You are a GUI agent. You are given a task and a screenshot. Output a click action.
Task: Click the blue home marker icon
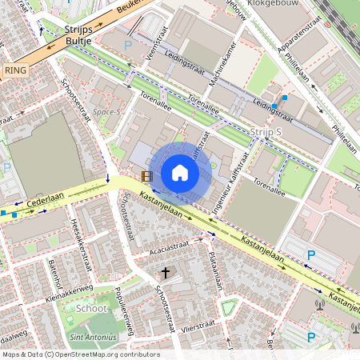[x=180, y=173]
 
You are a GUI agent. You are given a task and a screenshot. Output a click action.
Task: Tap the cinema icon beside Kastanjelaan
[x=146, y=176]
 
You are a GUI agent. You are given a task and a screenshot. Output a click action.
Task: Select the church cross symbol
[x=166, y=273]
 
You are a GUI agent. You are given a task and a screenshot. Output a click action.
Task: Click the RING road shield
[x=15, y=70]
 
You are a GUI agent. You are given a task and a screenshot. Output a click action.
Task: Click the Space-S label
[x=106, y=112]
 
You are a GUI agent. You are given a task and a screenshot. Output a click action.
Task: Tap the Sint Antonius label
[x=89, y=338]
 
